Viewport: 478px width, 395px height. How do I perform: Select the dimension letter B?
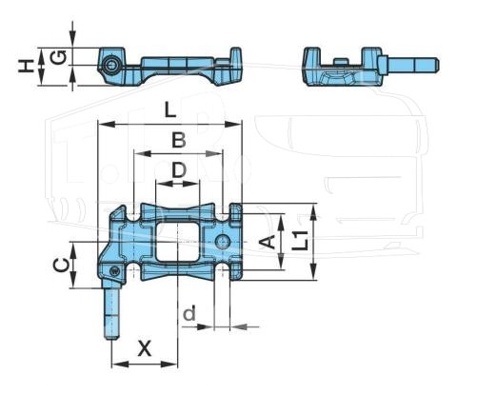(179, 140)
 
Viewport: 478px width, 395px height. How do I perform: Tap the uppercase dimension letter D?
(179, 170)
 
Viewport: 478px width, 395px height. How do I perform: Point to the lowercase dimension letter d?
(189, 314)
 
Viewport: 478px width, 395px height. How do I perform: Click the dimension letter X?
(145, 348)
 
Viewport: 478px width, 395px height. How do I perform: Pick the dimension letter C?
(61, 266)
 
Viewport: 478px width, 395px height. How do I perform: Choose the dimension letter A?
(268, 243)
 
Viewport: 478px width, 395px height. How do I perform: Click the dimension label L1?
(300, 240)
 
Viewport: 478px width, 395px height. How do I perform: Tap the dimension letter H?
(26, 66)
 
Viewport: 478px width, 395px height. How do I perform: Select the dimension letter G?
(59, 57)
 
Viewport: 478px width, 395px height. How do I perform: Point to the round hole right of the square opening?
(223, 242)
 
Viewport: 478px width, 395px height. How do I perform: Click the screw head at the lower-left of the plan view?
(114, 271)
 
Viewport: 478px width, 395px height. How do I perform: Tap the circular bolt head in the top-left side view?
(111, 66)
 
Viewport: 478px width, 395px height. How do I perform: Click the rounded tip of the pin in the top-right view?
(437, 65)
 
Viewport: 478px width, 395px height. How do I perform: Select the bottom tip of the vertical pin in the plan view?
(111, 339)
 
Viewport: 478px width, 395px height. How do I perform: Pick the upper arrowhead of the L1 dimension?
(313, 212)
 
